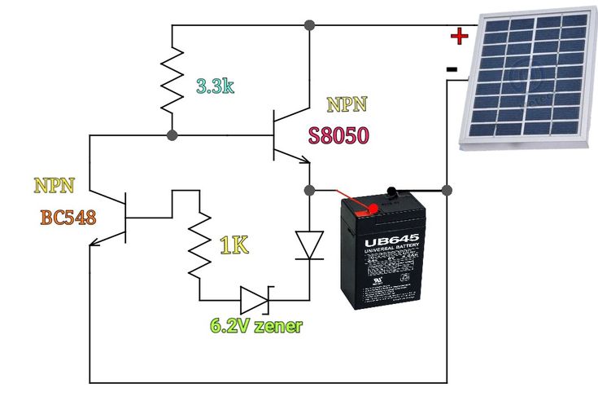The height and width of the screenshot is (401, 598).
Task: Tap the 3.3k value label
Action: point(215,86)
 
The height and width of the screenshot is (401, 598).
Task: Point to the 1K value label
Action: point(234,245)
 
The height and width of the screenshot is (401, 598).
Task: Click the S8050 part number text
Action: point(338,135)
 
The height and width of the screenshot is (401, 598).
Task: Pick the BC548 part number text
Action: point(68,218)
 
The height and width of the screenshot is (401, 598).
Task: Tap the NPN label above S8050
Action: point(347,104)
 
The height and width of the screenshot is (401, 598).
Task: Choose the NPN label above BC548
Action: point(55,186)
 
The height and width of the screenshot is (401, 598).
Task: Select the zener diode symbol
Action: point(255,300)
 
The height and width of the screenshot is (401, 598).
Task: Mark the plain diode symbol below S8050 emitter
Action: point(310,245)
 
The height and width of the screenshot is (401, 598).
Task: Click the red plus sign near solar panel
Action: point(460,36)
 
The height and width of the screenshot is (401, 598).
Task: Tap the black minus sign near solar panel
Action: point(452,69)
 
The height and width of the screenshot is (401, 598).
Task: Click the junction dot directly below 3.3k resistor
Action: point(172,134)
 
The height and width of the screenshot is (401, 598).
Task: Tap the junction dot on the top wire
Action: point(309,25)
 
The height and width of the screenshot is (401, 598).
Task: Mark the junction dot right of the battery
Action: point(447,190)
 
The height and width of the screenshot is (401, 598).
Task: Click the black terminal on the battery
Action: point(393,193)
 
